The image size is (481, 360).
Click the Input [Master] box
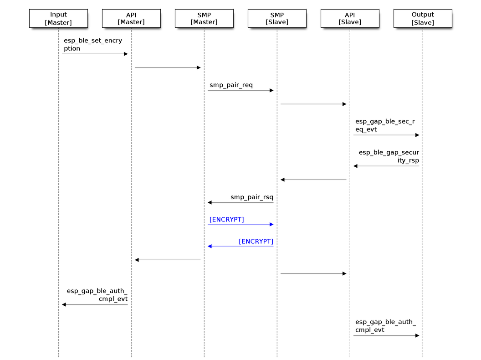[x=58, y=19]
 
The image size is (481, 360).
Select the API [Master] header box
[x=131, y=19]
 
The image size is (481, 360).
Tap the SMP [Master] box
[x=204, y=19]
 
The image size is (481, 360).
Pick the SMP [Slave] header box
[x=277, y=19]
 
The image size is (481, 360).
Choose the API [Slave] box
[x=350, y=19]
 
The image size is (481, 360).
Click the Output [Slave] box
[x=423, y=19]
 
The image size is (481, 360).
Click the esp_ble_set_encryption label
[x=92, y=45]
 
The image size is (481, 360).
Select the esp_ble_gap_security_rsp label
[x=389, y=156]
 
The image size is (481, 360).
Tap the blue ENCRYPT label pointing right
[x=226, y=220]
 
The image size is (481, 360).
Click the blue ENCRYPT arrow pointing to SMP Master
[x=240, y=246]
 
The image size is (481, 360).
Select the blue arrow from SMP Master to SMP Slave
[x=240, y=224]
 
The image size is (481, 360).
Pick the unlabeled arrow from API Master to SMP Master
[x=168, y=67]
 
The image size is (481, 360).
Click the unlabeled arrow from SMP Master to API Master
[x=168, y=260]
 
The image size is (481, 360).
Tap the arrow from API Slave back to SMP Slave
[x=313, y=180]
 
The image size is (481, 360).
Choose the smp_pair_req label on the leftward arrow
[x=251, y=197]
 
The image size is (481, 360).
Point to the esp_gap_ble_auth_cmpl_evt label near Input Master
[x=97, y=295]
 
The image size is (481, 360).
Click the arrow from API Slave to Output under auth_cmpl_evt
[x=386, y=335]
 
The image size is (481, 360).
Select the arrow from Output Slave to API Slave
[x=386, y=166]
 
